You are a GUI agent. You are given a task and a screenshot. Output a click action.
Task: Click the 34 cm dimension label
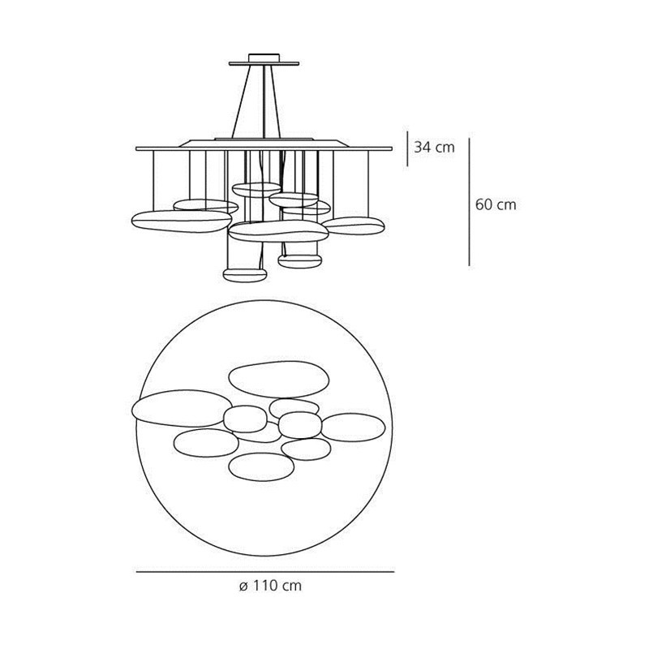[435, 148]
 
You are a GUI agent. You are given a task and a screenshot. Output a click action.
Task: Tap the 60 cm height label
[496, 204]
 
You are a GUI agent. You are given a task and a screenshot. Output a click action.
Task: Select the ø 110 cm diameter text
[271, 586]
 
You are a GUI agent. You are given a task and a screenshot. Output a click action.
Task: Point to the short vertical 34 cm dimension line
[407, 148]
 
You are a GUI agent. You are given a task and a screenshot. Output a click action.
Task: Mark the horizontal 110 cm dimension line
[264, 572]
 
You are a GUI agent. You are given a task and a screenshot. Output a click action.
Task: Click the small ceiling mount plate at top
[261, 60]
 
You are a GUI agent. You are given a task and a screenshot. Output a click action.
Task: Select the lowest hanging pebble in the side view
[244, 273]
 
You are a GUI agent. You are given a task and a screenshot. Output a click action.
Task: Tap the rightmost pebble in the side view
[353, 225]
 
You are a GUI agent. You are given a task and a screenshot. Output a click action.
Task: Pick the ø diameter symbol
[243, 586]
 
